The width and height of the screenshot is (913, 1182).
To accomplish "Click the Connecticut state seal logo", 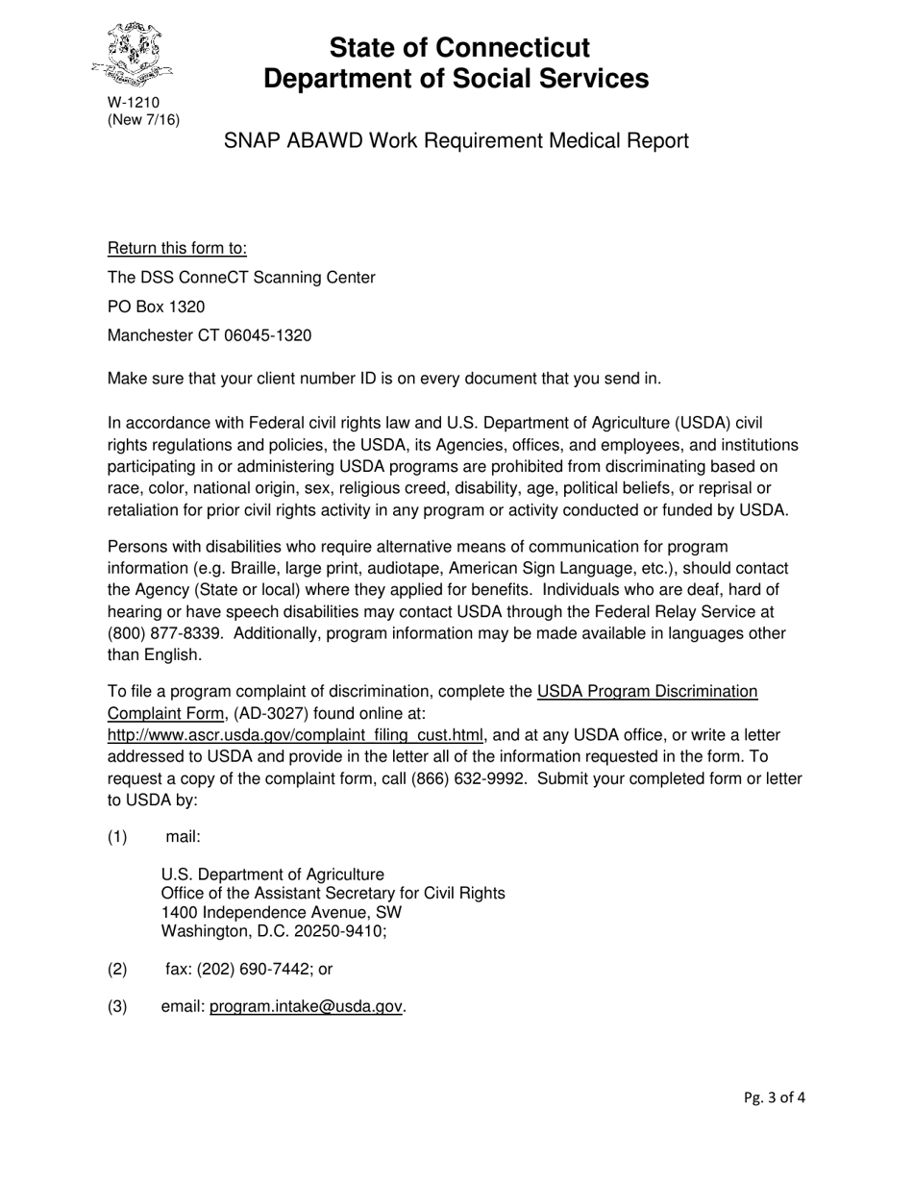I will (134, 56).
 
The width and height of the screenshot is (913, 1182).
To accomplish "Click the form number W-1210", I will (134, 103).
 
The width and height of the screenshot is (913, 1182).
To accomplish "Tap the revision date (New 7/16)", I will (143, 119).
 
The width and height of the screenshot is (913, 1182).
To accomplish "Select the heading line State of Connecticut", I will (456, 47).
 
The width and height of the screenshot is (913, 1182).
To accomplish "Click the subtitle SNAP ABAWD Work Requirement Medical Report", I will (456, 141).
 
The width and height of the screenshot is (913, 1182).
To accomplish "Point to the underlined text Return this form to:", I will (177, 249).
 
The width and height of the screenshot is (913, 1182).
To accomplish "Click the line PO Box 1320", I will (156, 307).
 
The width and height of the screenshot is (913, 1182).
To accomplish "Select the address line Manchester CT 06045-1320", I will (209, 335).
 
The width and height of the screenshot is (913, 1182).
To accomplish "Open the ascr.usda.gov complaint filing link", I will (295, 735).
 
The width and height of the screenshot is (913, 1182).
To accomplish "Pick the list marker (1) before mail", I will (117, 836).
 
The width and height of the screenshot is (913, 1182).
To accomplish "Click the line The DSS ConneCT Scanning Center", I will (241, 278).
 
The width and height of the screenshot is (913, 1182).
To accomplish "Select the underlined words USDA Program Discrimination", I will (647, 691).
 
